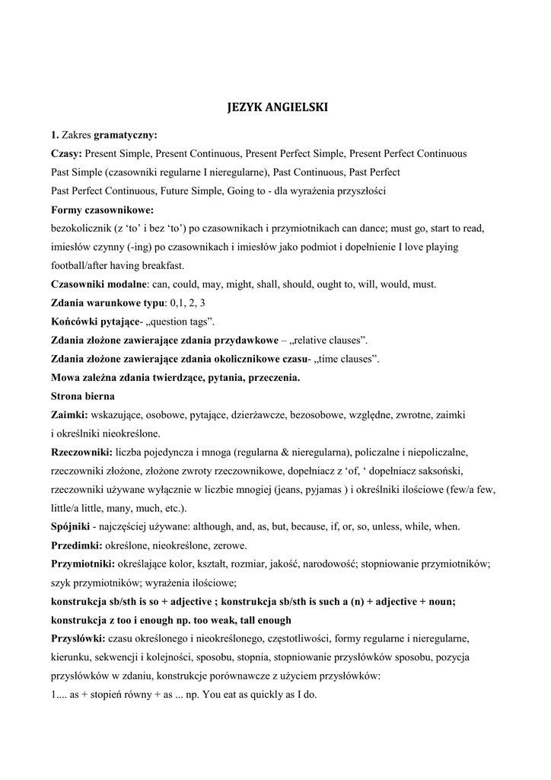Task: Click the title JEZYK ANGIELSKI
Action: point(277,107)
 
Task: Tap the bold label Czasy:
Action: point(66,154)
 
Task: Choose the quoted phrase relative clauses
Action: point(333,340)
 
